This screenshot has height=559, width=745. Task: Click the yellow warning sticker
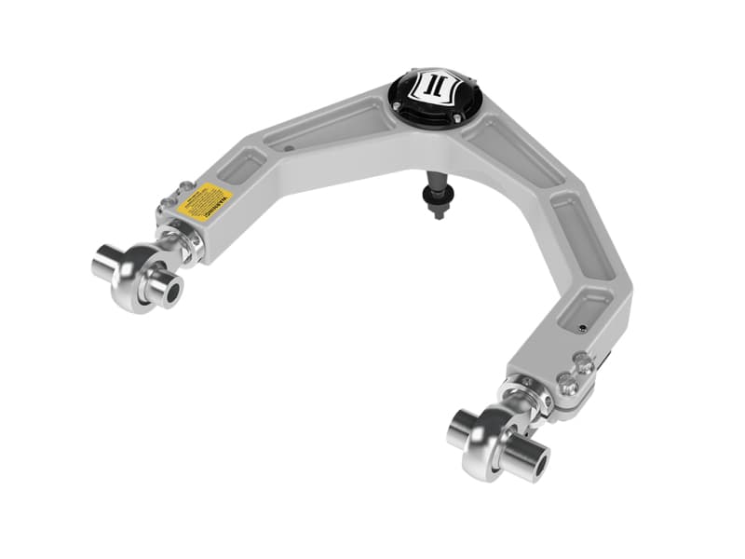click(x=204, y=200)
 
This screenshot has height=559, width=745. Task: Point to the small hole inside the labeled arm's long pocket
click(x=288, y=147)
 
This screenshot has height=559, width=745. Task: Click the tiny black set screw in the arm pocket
click(x=581, y=327)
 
